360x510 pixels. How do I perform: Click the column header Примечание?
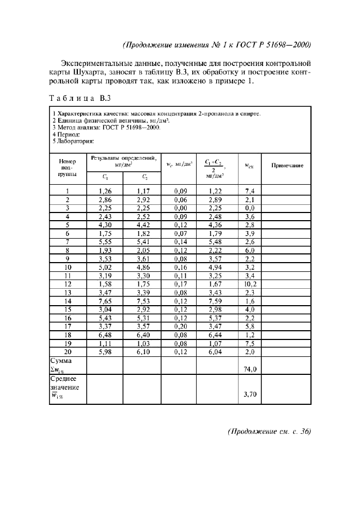pos(286,166)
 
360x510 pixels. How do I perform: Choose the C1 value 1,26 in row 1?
pos(105,191)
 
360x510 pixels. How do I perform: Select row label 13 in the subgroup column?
pos(68,292)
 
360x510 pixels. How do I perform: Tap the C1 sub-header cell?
pos(105,177)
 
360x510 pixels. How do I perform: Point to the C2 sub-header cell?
pos(143,177)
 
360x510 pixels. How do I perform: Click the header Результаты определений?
pos(124,160)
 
